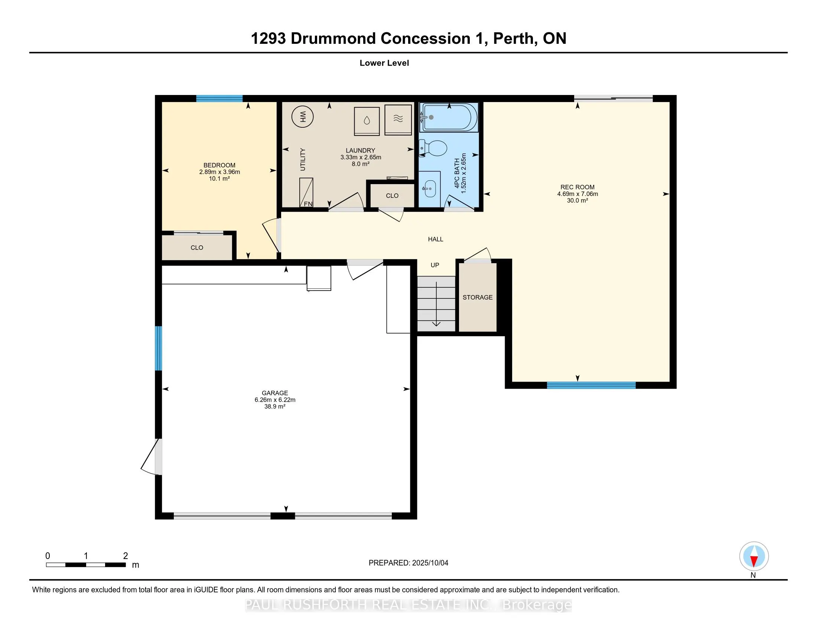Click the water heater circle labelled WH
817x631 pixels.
(x=302, y=117)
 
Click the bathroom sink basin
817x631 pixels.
(x=429, y=189)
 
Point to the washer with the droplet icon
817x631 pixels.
(x=367, y=120)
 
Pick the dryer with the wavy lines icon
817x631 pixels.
(x=398, y=119)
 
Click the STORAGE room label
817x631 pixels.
(x=477, y=297)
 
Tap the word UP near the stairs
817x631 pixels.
(x=435, y=265)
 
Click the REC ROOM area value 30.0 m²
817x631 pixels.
(x=577, y=201)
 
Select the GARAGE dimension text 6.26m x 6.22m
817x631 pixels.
(x=275, y=400)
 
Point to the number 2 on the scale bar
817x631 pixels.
(x=125, y=556)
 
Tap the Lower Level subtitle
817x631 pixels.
(x=384, y=63)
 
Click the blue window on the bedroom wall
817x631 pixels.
(x=219, y=99)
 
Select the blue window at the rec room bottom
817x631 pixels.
(x=591, y=385)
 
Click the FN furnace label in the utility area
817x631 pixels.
(x=308, y=204)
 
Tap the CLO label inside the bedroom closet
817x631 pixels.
(x=197, y=248)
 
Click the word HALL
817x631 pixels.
(x=436, y=239)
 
